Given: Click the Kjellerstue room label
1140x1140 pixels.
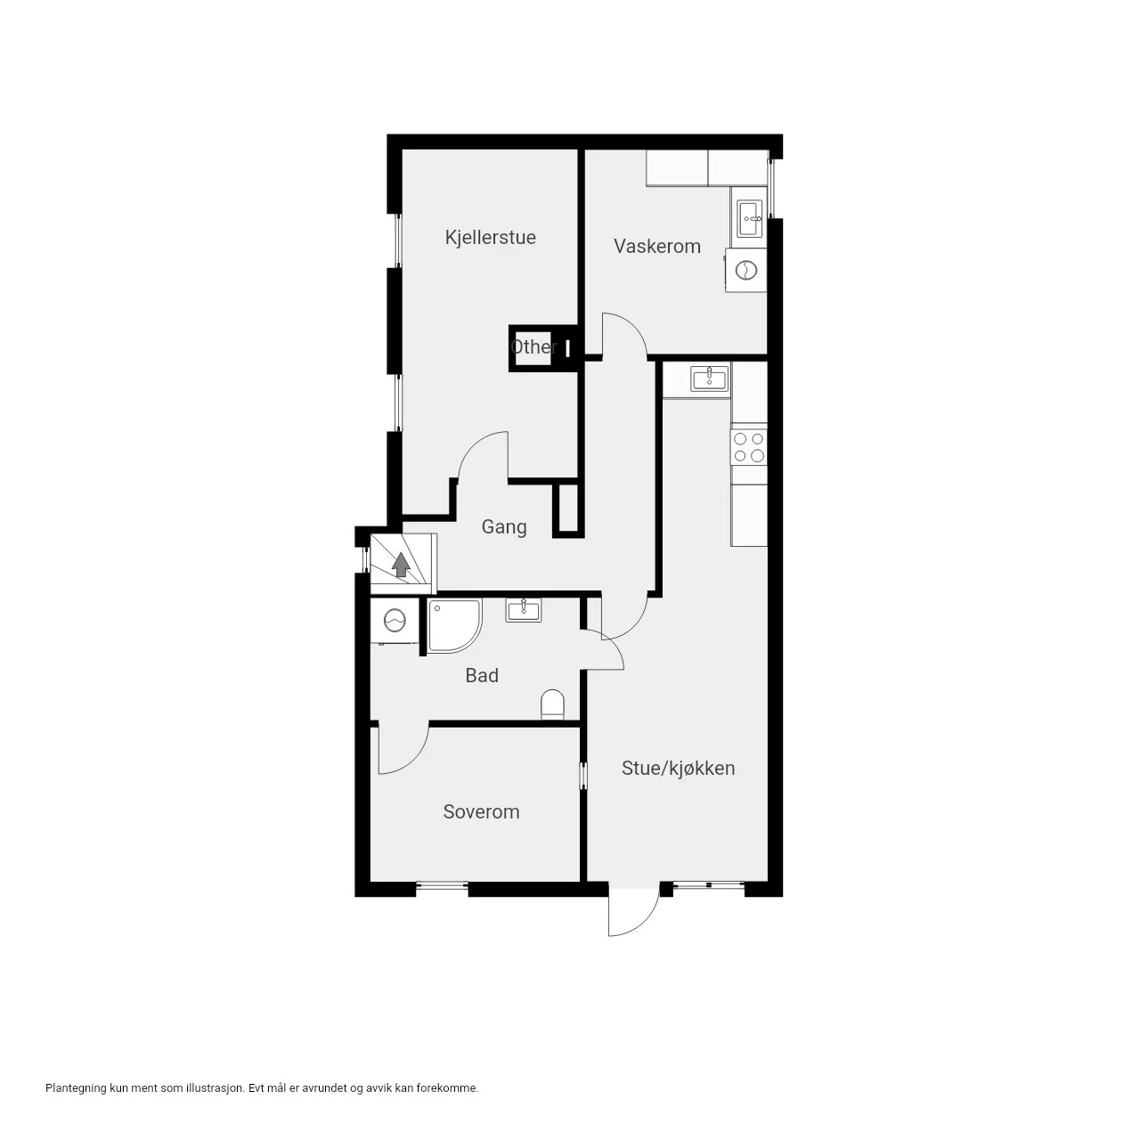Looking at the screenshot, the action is [x=490, y=237].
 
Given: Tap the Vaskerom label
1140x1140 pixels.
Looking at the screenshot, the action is [x=656, y=246].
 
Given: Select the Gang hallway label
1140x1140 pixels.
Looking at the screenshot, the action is [x=504, y=527].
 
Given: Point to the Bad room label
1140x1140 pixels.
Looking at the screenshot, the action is [x=482, y=675].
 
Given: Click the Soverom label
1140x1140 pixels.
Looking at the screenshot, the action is [x=481, y=811].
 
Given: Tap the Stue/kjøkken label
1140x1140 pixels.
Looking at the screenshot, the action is [x=678, y=768].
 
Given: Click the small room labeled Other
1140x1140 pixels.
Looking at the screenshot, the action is [x=533, y=346].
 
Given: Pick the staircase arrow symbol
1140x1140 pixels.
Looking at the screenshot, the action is [x=401, y=565].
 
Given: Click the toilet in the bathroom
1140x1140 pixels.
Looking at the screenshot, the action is [x=552, y=704].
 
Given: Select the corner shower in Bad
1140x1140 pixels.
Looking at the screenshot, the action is [x=454, y=625].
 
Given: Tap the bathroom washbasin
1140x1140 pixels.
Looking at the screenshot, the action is [x=524, y=610].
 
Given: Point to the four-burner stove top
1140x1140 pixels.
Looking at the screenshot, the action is [x=749, y=447].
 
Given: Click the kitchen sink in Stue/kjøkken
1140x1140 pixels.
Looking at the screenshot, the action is [x=710, y=379].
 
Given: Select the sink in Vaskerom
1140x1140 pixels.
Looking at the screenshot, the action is [x=750, y=218].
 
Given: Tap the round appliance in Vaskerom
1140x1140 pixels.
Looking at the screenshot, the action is [x=746, y=270].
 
